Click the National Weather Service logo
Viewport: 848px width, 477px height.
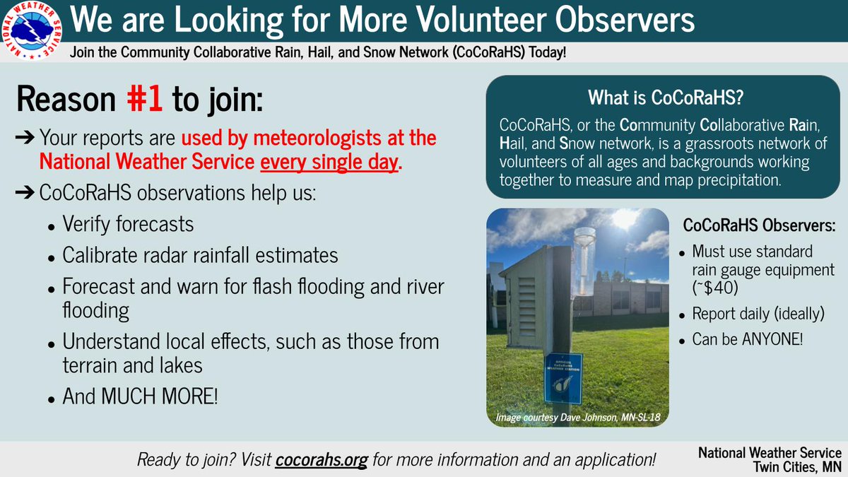coord(32,31)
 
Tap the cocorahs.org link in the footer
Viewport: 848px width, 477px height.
coord(322,460)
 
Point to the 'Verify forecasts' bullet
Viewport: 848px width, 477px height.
coord(128,225)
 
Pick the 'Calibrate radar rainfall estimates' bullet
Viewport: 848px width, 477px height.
coord(200,255)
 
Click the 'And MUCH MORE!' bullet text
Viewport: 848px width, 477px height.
coord(141,396)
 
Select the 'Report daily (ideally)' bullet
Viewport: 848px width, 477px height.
coord(758,314)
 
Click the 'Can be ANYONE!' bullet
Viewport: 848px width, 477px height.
coord(747,340)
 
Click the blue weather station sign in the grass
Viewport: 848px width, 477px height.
coord(563,375)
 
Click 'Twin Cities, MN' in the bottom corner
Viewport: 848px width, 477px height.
coord(797,466)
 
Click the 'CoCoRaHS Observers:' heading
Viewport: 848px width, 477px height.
coord(759,226)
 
